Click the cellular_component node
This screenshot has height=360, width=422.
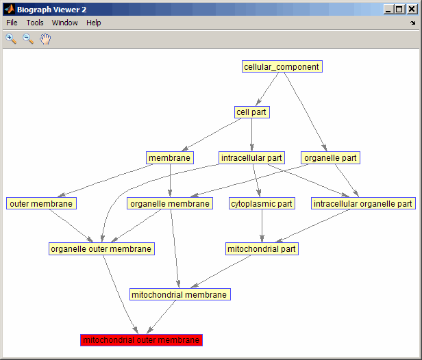point(282,66)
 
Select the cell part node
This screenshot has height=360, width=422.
point(251,112)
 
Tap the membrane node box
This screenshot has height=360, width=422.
point(170,158)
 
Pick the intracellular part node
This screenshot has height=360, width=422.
point(251,158)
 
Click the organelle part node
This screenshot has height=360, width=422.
point(330,158)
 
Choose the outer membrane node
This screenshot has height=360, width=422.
point(41,203)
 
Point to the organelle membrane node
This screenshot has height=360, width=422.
point(170,203)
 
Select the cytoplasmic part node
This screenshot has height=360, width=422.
point(262,203)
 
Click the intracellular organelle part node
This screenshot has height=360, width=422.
point(363,203)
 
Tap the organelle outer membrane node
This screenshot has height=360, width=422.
point(101,249)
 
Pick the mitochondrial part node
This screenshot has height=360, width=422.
point(262,249)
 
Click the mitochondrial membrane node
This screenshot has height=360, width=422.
point(179,294)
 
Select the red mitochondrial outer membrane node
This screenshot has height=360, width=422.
point(141,340)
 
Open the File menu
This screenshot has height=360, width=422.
point(12,23)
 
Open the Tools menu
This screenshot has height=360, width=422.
point(35,23)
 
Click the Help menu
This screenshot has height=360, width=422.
point(93,23)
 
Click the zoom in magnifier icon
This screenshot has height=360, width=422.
point(11,39)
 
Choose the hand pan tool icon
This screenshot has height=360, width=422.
point(45,39)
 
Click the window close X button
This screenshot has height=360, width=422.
point(412,10)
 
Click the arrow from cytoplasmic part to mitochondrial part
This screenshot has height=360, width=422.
point(262,226)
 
